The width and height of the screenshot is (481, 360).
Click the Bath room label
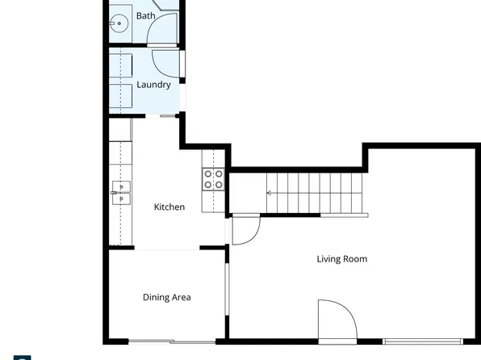pyautogui.click(x=146, y=16)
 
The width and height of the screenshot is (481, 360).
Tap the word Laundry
pyautogui.click(x=153, y=85)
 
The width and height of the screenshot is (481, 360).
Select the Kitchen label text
pyautogui.click(x=169, y=207)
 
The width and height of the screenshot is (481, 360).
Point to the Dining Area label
pyautogui.click(x=167, y=298)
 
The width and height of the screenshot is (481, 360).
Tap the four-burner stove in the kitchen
pyautogui.click(x=213, y=178)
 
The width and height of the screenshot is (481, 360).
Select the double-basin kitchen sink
pyautogui.click(x=121, y=192)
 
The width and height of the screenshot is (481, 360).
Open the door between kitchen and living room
pyautogui.click(x=244, y=230)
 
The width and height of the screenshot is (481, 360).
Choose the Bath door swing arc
pyautogui.click(x=163, y=28)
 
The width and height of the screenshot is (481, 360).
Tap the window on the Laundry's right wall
pyautogui.click(x=183, y=65)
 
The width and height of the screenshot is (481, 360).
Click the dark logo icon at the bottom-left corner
pyautogui.click(x=23, y=357)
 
